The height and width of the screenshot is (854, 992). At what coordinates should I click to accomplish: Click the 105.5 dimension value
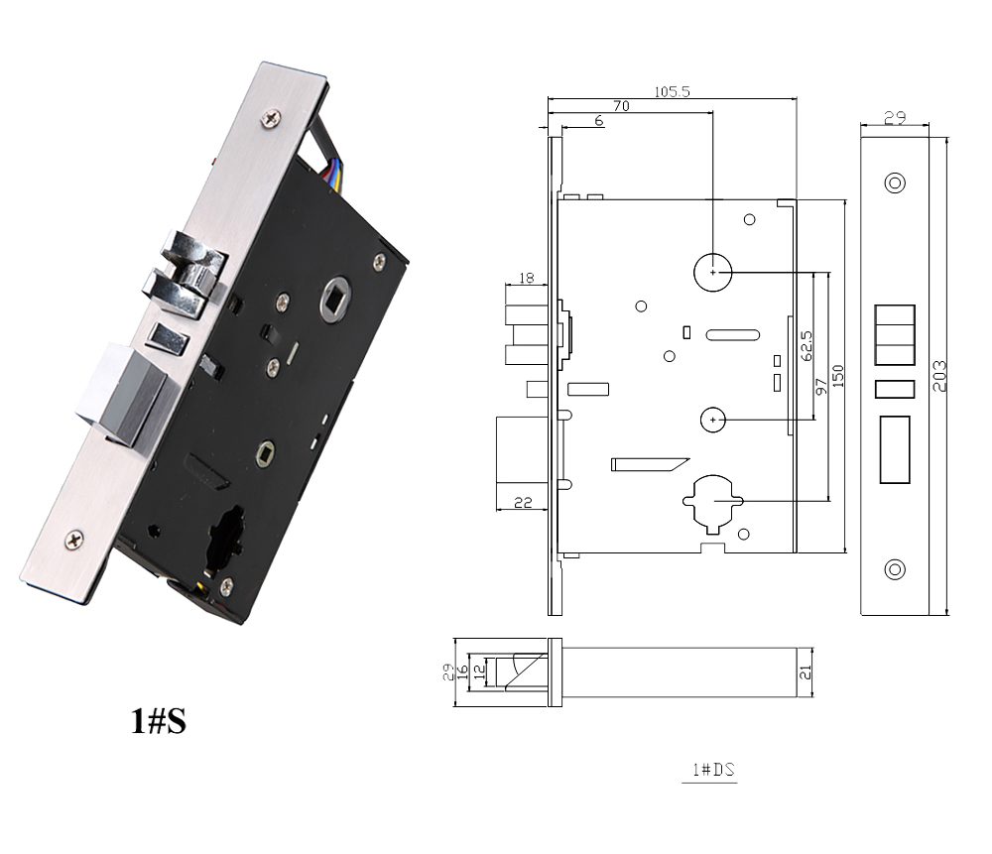(x=672, y=91)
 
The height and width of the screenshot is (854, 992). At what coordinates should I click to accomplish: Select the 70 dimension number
(x=622, y=105)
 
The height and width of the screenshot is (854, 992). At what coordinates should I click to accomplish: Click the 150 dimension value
(x=838, y=378)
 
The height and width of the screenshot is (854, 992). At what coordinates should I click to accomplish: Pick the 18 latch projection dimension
(x=526, y=279)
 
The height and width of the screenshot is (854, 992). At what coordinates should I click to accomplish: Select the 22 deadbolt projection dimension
(x=524, y=504)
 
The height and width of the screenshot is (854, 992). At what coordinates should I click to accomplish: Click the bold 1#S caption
(x=159, y=721)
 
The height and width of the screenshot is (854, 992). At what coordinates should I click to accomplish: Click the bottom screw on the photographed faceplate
(x=76, y=540)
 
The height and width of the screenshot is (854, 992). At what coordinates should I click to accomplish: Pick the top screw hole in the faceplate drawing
(x=895, y=183)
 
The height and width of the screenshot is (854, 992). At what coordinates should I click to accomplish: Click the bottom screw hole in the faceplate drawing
(x=895, y=569)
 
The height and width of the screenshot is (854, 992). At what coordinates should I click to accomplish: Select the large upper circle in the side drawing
(x=711, y=270)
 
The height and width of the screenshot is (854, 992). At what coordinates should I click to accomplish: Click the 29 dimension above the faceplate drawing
(x=894, y=118)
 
